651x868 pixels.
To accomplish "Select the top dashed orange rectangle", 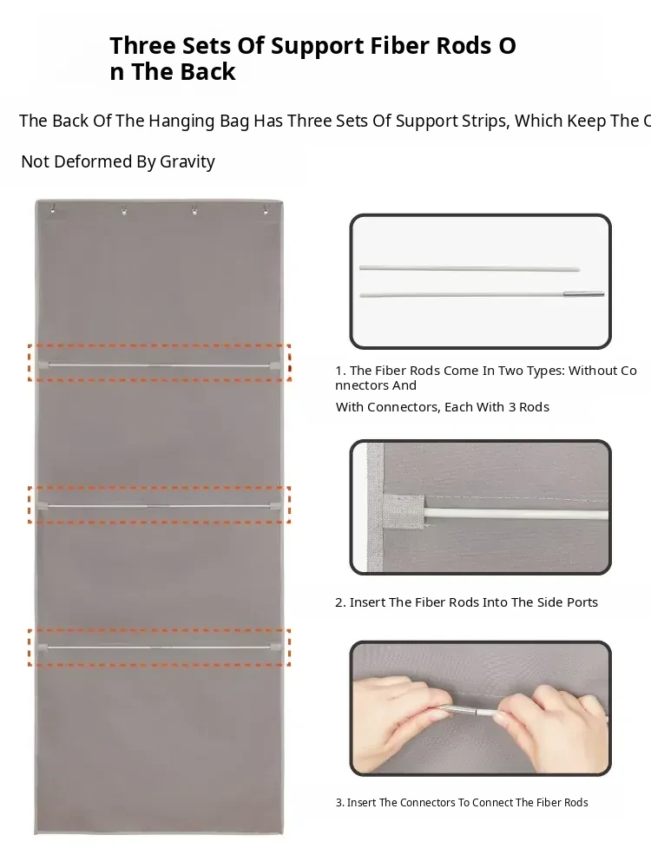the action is (x=160, y=363).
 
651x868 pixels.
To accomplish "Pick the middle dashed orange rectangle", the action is (x=160, y=504).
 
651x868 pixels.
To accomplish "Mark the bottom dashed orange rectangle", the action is (x=160, y=648).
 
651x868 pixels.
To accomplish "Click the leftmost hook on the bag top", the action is (x=53, y=208).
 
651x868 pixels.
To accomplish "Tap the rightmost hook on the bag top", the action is (x=266, y=209).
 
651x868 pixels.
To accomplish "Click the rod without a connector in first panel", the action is (x=470, y=268).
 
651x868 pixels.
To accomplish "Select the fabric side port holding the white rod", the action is (x=404, y=511).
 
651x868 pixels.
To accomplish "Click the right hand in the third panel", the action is (x=554, y=719).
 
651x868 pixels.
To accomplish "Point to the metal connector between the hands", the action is (x=464, y=711).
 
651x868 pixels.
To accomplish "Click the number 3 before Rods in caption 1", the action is (x=512, y=407).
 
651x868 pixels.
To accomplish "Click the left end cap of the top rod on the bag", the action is (x=43, y=365).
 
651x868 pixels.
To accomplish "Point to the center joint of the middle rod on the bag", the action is (x=159, y=506).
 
